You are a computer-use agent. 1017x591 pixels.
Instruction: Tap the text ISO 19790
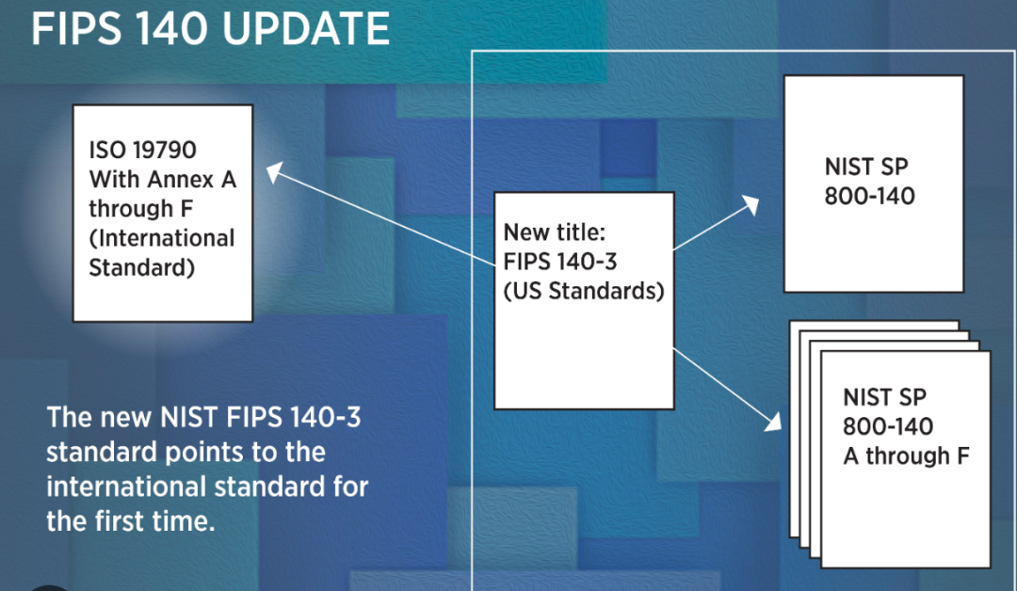tap(143, 150)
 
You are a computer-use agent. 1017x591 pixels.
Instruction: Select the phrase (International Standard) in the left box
tap(161, 251)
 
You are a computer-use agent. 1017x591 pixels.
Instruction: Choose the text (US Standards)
tap(584, 291)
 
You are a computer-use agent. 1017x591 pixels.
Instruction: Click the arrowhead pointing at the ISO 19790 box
tap(273, 171)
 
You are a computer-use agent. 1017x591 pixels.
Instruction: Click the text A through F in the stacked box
tap(906, 456)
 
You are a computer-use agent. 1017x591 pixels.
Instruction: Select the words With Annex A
tap(162, 179)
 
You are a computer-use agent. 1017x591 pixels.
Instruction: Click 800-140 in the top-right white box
tap(869, 197)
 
